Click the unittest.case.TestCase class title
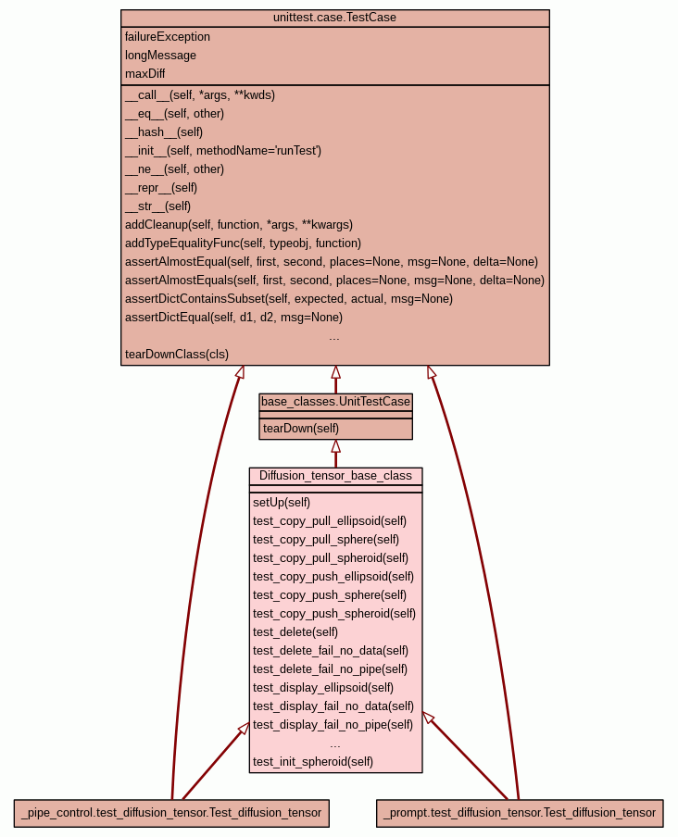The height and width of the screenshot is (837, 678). point(334,18)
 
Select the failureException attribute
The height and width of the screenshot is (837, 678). point(168,37)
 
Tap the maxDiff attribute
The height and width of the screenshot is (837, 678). point(145,74)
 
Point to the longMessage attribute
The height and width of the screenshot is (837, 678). point(160,56)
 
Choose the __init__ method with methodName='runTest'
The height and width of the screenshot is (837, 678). point(223,151)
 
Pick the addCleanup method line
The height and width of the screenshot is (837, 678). point(239,225)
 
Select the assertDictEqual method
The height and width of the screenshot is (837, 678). point(233,318)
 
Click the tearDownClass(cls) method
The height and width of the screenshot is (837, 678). point(177,355)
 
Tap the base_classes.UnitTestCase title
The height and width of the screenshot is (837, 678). point(336,402)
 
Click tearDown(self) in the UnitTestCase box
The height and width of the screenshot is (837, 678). point(301,429)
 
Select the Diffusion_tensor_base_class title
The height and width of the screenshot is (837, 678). point(336,476)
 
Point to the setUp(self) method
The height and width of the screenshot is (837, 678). point(282,503)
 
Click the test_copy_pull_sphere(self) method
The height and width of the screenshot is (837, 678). point(326,540)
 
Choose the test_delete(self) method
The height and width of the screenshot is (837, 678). point(295,632)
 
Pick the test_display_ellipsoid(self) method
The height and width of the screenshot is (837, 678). point(323,688)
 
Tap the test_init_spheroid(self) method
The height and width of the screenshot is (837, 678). point(313,762)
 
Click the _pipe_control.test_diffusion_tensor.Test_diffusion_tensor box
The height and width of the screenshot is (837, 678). point(171,813)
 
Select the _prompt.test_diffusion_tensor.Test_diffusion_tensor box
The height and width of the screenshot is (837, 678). point(520,813)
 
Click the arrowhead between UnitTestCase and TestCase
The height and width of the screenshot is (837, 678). point(336,372)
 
